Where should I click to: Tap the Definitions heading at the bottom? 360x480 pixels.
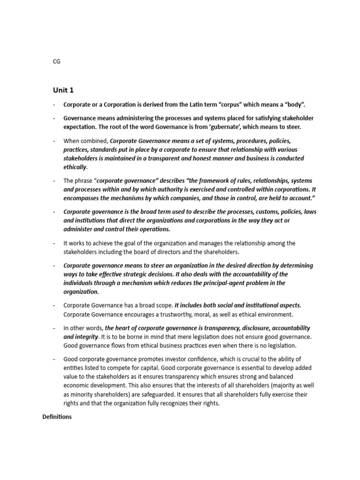click(57, 417)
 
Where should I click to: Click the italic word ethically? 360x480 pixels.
click(75, 167)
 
